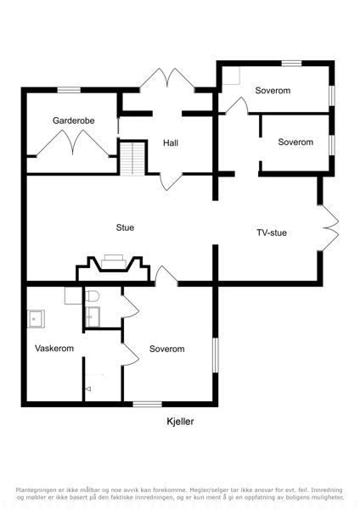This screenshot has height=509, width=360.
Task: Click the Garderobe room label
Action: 73,120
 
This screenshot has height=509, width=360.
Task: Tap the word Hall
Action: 171,143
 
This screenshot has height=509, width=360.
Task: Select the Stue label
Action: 125,227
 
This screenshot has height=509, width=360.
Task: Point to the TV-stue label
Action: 272,232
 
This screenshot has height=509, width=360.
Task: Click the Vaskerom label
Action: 54,349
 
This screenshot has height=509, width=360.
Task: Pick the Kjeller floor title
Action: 180,422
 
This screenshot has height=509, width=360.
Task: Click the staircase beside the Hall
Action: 132,159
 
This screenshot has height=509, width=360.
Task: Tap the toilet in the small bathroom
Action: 93,296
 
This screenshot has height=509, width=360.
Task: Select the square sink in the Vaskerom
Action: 36,319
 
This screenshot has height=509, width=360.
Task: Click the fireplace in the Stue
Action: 114,269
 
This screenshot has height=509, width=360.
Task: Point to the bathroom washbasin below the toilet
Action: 93,316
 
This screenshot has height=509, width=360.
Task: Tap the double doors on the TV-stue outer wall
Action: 329,228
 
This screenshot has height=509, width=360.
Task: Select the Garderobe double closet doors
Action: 72,143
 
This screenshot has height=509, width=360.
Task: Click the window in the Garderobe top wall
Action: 69,90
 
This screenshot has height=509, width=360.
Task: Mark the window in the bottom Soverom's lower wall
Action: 147,404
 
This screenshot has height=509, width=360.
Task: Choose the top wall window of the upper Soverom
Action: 291,64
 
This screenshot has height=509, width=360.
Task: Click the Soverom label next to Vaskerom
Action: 167,349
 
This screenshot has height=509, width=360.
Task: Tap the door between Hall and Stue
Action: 172,182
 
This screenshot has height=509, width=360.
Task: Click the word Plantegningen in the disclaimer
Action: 36,489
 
